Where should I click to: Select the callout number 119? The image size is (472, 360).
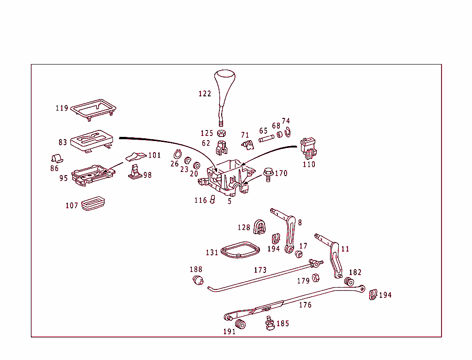pos(62,108)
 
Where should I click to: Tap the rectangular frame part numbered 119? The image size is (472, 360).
pos(93,109)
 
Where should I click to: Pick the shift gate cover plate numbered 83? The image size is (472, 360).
pos(92,140)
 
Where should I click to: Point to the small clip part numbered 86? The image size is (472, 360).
pos(57,158)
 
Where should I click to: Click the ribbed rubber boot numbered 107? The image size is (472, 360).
pos(94,203)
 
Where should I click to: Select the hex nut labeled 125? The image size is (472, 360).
pos(221,133)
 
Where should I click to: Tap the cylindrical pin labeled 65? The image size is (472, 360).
pos(266,137)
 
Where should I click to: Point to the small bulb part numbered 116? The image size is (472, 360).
pos(213,200)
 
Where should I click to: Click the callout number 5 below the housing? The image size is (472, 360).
pos(230,201)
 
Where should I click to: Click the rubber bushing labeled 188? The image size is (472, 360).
pos(198,280)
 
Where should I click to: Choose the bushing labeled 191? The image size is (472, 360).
pos(241,324)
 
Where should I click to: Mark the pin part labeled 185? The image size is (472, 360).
pos(269,323)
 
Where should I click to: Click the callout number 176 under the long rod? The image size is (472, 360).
pos(305,305)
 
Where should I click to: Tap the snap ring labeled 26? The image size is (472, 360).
pos(178,154)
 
